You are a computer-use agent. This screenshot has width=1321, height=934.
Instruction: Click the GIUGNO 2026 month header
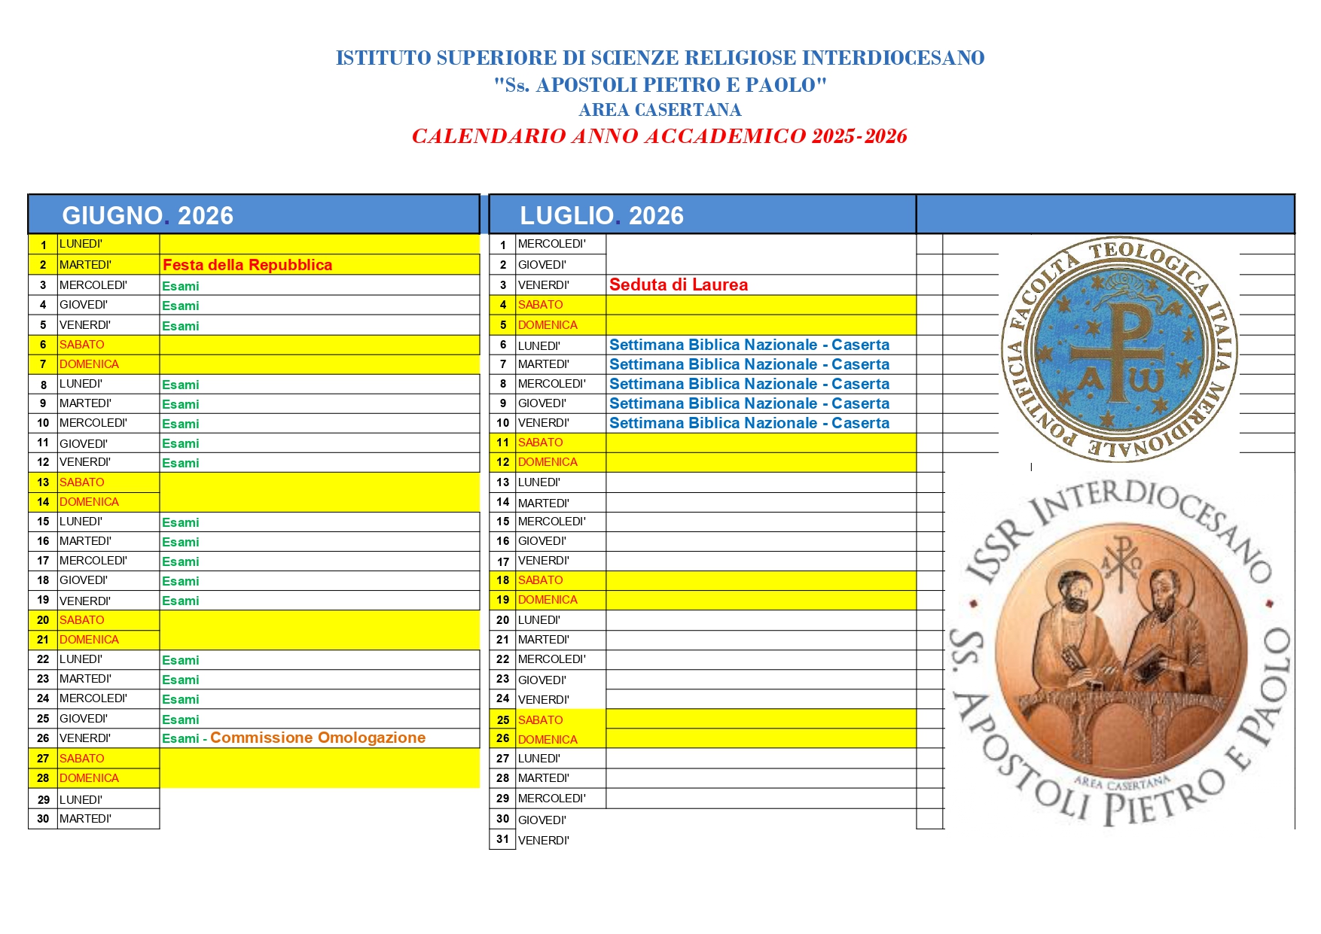click(x=148, y=215)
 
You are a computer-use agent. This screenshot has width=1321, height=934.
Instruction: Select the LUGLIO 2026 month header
click(x=601, y=215)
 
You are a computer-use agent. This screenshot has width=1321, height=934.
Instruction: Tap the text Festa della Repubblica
click(x=247, y=265)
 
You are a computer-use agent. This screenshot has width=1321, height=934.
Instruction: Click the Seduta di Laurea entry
click(x=678, y=284)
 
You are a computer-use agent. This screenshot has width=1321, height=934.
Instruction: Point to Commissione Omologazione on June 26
click(x=318, y=738)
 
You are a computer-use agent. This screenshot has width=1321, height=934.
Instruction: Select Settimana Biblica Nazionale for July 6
click(x=749, y=345)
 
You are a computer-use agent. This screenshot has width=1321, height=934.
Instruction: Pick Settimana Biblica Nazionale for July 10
click(x=749, y=423)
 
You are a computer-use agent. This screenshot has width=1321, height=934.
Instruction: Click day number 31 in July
click(x=502, y=839)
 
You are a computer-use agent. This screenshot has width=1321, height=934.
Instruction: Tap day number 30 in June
click(x=43, y=819)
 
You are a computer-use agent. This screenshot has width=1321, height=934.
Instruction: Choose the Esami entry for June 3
click(x=181, y=286)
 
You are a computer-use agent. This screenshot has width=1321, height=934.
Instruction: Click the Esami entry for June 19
click(x=181, y=601)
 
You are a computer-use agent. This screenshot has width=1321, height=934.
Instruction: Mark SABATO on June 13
click(x=82, y=482)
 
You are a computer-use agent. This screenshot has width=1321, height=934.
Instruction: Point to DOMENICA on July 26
click(x=548, y=740)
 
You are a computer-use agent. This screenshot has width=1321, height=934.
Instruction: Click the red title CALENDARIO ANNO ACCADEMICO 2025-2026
click(x=659, y=136)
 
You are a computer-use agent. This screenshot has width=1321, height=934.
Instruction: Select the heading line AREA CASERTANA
click(x=660, y=110)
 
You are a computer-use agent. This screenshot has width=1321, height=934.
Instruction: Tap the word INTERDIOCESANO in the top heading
click(x=892, y=58)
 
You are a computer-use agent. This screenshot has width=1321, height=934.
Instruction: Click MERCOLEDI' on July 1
click(x=551, y=244)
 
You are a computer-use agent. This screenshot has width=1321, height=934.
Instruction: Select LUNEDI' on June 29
click(x=81, y=799)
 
